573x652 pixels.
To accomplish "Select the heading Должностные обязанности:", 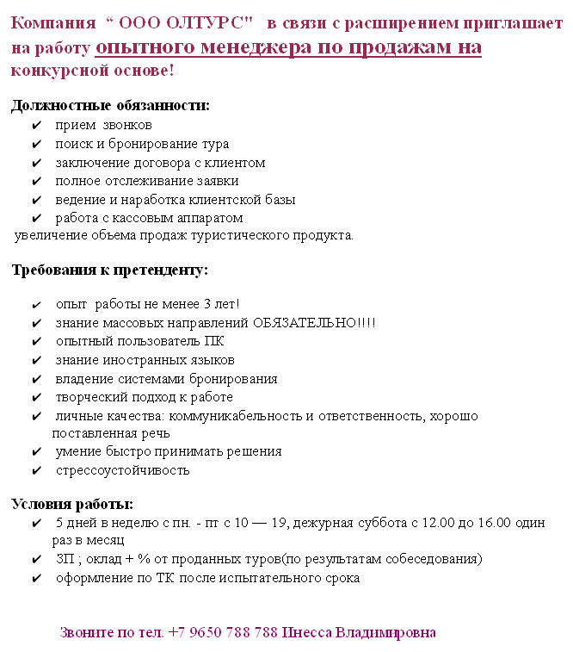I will click(x=109, y=106).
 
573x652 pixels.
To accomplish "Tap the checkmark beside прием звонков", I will click(x=36, y=126).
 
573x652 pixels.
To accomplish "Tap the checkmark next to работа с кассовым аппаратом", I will click(x=36, y=219).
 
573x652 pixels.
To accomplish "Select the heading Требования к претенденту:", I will click(x=108, y=270).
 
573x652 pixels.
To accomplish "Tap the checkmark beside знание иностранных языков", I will click(x=36, y=360).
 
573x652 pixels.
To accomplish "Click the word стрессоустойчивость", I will click(x=123, y=471).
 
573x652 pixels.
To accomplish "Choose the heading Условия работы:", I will click(x=71, y=504).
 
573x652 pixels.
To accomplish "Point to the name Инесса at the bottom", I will click(x=305, y=632).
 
